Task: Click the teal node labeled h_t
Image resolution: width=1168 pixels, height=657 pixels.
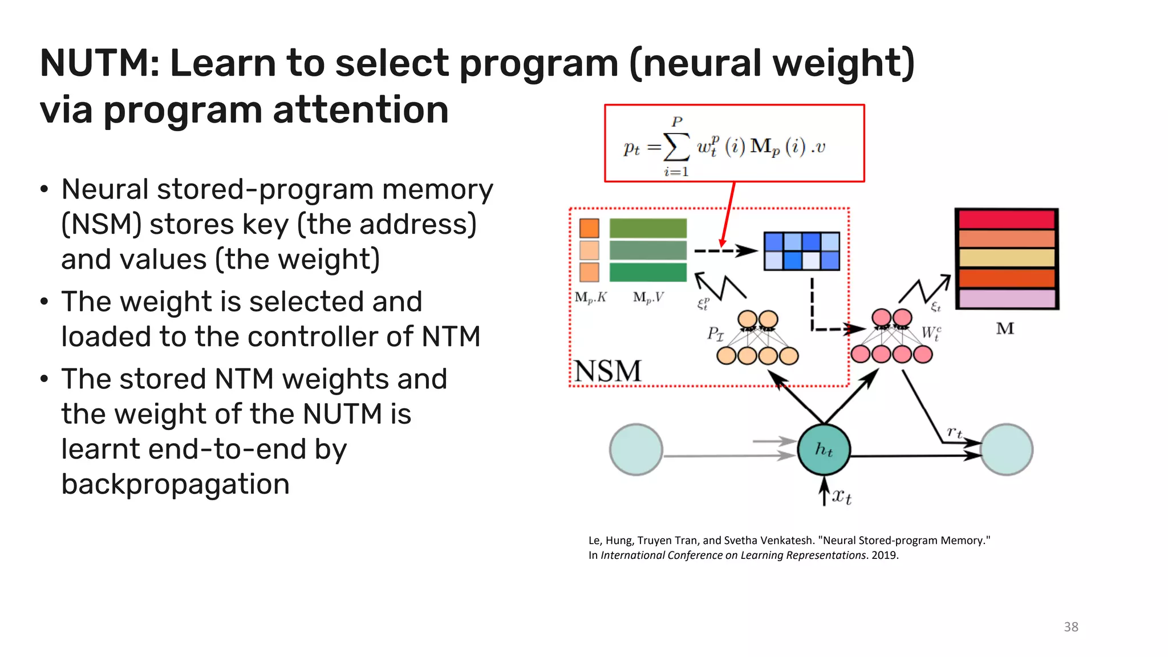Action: click(x=824, y=450)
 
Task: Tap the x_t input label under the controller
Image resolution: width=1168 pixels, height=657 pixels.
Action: click(x=841, y=496)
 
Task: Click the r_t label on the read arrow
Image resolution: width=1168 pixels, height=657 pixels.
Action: click(x=954, y=432)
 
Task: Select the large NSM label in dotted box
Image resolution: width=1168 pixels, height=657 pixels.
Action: click(x=608, y=371)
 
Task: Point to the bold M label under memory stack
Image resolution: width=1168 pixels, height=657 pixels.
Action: click(x=1005, y=328)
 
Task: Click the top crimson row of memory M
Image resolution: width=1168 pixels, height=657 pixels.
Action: click(x=1007, y=220)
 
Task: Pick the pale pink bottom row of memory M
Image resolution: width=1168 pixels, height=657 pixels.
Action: click(x=1007, y=298)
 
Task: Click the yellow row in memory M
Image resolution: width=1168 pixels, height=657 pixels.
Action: click(x=1007, y=258)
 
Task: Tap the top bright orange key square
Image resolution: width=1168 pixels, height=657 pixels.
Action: click(x=589, y=228)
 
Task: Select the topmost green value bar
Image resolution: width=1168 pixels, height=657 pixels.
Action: click(x=648, y=228)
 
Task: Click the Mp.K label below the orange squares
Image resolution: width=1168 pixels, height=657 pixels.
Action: click(x=590, y=298)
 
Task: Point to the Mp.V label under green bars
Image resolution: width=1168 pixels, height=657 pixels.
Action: click(x=648, y=298)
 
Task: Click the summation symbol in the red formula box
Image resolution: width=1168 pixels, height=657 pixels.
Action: click(x=677, y=147)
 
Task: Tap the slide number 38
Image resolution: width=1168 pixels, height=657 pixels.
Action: click(x=1070, y=627)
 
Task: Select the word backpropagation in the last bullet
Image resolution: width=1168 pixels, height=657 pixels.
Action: click(x=175, y=484)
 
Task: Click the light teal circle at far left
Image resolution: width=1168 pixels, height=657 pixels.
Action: click(x=636, y=450)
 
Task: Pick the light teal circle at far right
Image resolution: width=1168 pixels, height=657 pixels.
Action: click(x=1007, y=450)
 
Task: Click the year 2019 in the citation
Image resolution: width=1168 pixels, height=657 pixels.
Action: click(x=884, y=555)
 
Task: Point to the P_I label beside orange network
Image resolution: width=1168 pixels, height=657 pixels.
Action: click(x=715, y=333)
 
